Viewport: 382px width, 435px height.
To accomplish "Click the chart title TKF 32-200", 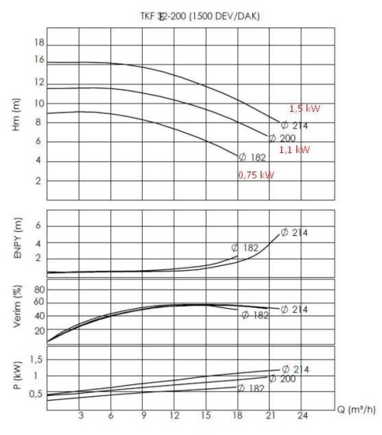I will (x=200, y=17).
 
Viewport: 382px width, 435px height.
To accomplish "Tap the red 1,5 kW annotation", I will (x=305, y=109).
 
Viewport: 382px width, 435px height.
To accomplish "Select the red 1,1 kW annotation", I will (x=295, y=150).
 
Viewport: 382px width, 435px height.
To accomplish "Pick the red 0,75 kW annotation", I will (x=256, y=175).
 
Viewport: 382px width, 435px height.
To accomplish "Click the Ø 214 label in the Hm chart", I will (x=295, y=126).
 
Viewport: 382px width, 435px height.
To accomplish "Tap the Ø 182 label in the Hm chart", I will (x=252, y=157).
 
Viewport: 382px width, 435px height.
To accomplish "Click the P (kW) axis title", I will (x=18, y=374).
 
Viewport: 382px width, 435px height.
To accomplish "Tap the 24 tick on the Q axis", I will (x=302, y=415).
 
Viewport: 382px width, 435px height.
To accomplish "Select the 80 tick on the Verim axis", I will (x=40, y=290).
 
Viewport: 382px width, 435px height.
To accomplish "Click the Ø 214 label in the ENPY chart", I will (x=295, y=233).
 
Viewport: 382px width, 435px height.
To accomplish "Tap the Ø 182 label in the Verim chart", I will (x=255, y=315).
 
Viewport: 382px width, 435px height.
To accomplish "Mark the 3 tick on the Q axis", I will (x=80, y=415).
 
